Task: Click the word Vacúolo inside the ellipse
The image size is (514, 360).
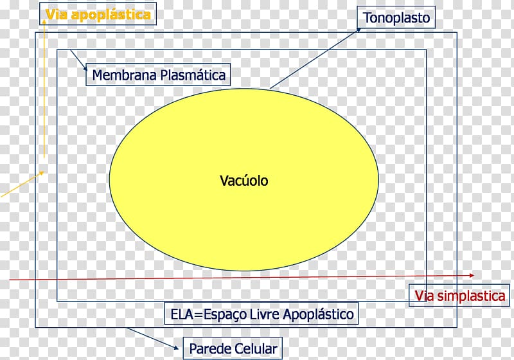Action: click(244, 181)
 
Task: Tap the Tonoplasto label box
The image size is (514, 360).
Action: click(396, 17)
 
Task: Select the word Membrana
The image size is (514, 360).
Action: click(124, 75)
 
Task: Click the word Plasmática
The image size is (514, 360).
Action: click(193, 75)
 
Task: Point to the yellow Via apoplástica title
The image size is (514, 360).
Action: click(98, 15)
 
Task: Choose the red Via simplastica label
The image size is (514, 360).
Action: click(460, 296)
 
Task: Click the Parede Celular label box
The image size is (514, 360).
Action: click(233, 348)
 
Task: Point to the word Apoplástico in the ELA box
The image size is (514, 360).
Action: click(318, 314)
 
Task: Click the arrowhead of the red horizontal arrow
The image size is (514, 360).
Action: click(472, 275)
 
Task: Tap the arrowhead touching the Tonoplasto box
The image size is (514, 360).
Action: click(359, 30)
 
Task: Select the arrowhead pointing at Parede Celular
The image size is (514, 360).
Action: click(176, 348)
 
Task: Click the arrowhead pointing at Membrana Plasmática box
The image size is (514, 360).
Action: click(85, 69)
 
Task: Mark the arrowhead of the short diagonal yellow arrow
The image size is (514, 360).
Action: click(42, 173)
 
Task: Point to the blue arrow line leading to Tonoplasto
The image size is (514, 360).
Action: click(315, 59)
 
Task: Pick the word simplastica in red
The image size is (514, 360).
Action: click(472, 296)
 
